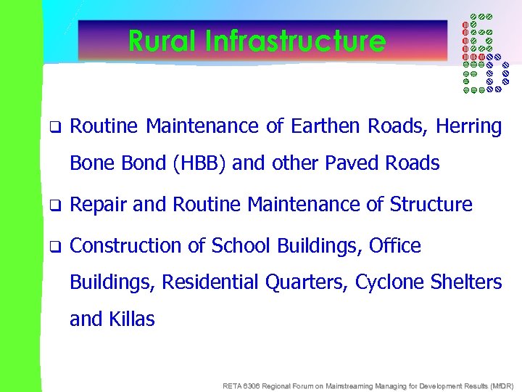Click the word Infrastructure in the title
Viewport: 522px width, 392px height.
(295, 41)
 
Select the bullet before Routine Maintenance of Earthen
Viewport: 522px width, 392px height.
(53, 127)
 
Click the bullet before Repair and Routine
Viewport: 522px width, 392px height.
(53, 205)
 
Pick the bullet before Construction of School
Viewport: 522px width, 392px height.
(53, 246)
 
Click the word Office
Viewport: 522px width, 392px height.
(394, 246)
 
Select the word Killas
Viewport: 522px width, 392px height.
(131, 319)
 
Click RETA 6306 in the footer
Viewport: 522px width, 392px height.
(240, 385)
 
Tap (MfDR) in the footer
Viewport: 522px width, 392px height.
(500, 385)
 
